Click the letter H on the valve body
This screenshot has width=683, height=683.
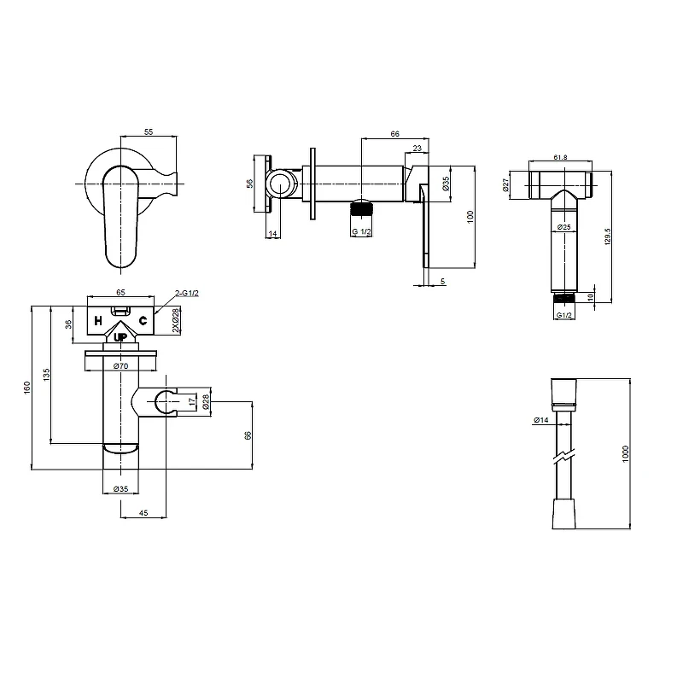coord(98,321)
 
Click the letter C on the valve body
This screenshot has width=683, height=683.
coord(143,321)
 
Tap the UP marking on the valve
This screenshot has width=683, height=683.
coord(120,337)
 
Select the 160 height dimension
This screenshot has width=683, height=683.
coord(27,388)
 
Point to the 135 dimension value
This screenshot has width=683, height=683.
coord(47,375)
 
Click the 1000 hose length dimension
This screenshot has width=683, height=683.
coord(626,454)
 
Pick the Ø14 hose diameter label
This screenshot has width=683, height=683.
coord(541,420)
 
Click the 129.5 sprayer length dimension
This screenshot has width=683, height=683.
coord(608,236)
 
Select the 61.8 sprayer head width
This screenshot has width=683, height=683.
coord(560,157)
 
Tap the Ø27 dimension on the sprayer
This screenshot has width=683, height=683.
coord(505,185)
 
